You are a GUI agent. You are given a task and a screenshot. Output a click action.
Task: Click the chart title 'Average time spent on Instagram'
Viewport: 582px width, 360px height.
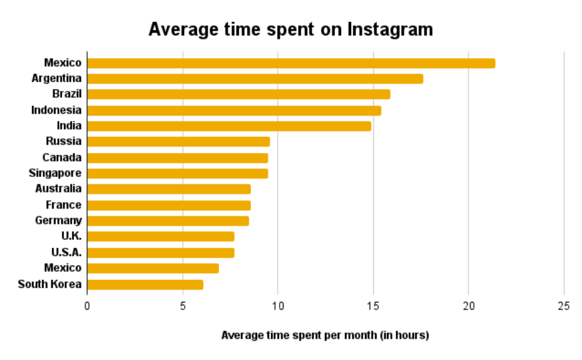[290, 30]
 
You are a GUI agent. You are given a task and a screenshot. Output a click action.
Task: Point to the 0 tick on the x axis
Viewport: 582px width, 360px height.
[87, 306]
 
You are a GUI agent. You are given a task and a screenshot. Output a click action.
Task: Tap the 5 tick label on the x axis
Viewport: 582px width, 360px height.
[182, 306]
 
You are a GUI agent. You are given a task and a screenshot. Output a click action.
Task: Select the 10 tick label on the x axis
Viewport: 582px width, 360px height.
[278, 306]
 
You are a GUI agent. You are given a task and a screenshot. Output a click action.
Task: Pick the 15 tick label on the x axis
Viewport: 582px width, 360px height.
[373, 306]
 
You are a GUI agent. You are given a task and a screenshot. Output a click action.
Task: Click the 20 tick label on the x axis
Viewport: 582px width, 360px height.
[469, 306]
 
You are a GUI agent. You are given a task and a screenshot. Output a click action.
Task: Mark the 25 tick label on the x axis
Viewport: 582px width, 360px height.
[564, 306]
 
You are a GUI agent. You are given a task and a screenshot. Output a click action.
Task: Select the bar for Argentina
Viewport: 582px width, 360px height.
[255, 79]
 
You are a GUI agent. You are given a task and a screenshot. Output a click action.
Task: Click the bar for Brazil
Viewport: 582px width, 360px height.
[238, 94]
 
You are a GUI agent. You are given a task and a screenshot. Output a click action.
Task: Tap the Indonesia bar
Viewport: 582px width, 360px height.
[234, 110]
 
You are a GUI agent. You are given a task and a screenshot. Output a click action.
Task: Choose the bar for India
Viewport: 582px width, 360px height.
[229, 126]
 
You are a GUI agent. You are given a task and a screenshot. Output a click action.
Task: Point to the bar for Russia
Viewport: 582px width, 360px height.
[178, 142]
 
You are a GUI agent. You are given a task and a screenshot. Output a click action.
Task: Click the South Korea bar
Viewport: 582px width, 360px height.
[145, 285]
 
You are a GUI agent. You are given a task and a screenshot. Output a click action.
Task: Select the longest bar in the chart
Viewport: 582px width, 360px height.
[291, 63]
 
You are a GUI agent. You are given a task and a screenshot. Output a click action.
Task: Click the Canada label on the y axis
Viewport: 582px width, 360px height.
[61, 158]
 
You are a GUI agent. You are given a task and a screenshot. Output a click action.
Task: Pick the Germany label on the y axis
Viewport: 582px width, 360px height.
[58, 220]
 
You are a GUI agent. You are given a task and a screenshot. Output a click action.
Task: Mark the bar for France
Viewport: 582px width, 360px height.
[169, 205]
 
